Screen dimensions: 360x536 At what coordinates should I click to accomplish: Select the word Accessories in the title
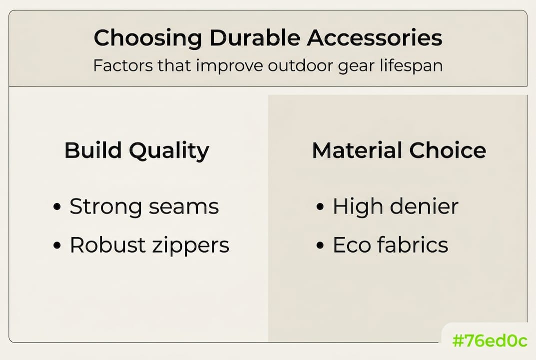(x=374, y=38)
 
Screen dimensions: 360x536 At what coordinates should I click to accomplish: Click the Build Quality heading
(x=137, y=150)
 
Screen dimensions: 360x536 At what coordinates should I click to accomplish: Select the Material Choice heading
(x=399, y=150)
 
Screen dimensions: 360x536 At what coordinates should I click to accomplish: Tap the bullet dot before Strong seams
(x=57, y=207)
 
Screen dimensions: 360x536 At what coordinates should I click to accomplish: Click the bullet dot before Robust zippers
(x=57, y=245)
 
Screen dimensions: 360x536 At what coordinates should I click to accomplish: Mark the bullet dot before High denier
(x=320, y=207)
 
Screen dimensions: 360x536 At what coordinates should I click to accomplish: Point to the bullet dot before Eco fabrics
(x=320, y=245)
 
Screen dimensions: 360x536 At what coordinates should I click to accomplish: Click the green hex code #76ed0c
(x=489, y=341)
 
